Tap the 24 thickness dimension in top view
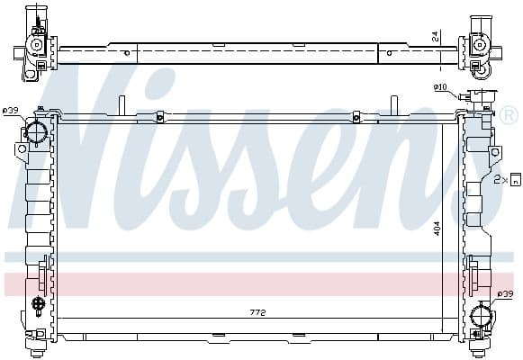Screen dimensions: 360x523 click(435, 35)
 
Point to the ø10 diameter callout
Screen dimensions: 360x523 click(440, 87)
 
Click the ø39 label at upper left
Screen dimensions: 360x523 click(11, 111)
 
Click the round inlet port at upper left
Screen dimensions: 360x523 click(37, 132)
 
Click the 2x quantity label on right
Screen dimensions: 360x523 click(500, 180)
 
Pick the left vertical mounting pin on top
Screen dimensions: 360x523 click(120, 105)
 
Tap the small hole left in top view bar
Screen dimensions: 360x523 click(126, 53)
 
